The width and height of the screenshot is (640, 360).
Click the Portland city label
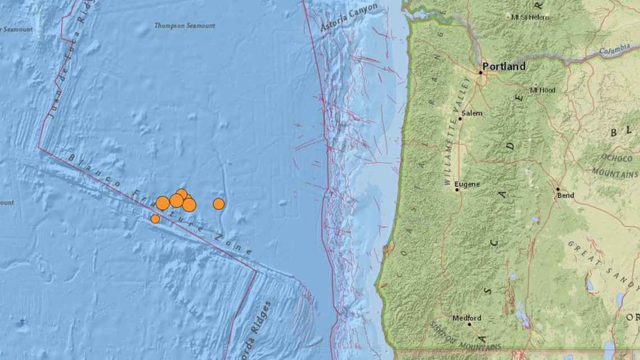pos(504,66)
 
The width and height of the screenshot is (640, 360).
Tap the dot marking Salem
pos(460,119)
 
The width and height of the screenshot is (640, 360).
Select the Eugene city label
pos(467,183)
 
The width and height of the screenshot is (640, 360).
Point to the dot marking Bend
pos(558,189)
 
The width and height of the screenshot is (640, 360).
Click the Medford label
pos(467,318)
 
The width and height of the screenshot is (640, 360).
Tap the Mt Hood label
pos(542,90)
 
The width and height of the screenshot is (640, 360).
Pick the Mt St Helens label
pos(531,17)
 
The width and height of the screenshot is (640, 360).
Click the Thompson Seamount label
pos(184,25)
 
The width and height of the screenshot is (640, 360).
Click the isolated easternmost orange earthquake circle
pos(218,204)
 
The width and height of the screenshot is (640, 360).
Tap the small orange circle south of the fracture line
pos(155,218)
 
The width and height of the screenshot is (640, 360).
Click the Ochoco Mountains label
pos(615,165)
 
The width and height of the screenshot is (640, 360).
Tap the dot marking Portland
pos(481,72)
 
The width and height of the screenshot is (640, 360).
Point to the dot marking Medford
pos(470,325)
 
